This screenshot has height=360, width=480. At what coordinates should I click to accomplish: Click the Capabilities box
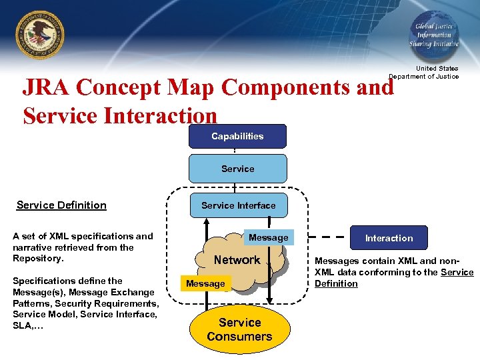[237, 136]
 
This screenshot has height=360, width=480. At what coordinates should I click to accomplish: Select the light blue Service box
[237, 169]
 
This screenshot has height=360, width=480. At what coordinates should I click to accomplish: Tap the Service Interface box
[238, 205]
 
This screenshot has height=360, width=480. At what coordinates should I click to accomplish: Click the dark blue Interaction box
[389, 238]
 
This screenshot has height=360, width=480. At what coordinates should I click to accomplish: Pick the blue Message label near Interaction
[268, 237]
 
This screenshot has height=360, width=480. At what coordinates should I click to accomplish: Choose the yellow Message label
[205, 283]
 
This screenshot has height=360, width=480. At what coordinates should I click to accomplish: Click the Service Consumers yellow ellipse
[239, 329]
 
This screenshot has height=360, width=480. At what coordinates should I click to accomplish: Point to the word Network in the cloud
[237, 260]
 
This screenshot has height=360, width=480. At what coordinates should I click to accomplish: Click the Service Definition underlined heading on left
[61, 205]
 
